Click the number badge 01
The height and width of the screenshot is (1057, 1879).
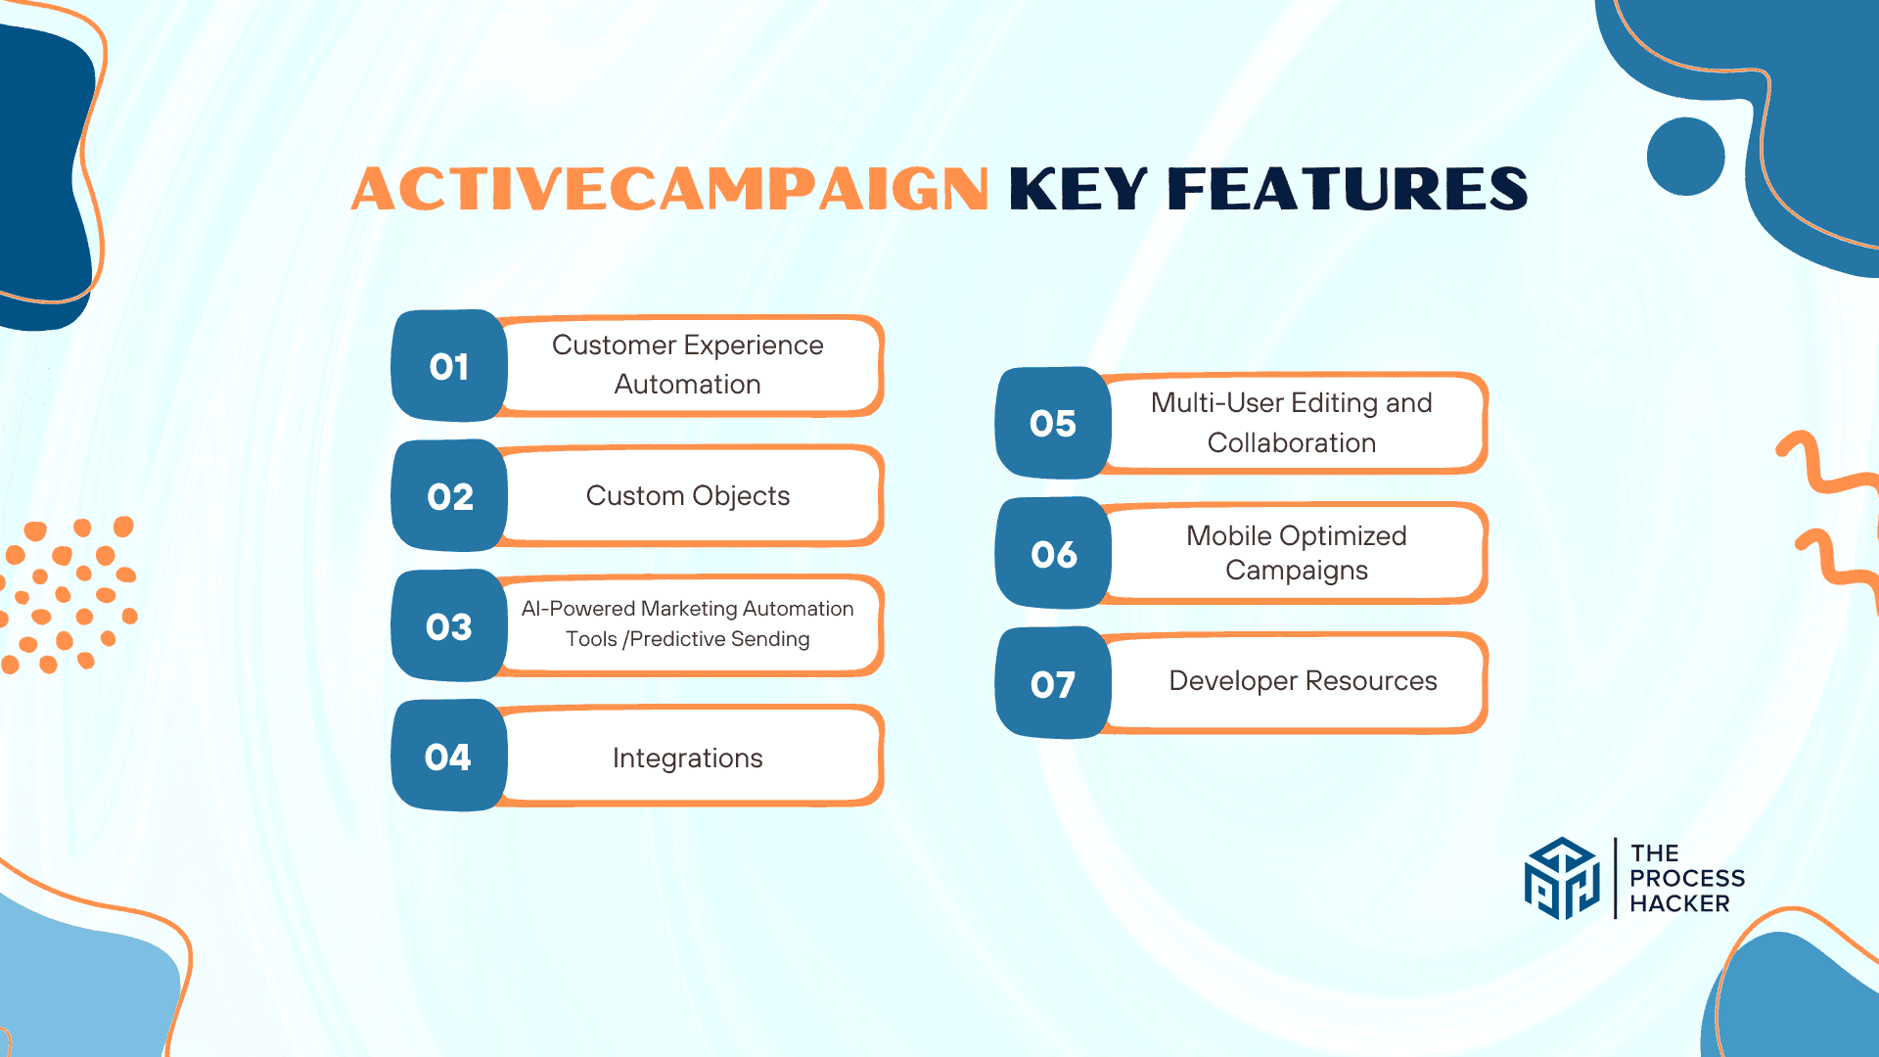[449, 366]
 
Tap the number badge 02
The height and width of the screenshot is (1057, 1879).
[449, 496]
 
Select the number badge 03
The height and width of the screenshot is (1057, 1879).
[449, 626]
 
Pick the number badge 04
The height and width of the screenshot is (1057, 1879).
[449, 757]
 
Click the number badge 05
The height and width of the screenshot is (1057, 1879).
[1053, 423]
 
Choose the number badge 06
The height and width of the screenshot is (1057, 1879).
[1053, 554]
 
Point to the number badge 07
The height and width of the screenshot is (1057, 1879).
[1053, 684]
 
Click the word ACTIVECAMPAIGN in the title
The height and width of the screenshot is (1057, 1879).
[670, 189]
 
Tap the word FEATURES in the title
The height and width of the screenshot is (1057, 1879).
[1348, 189]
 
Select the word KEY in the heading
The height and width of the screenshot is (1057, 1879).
[1077, 189]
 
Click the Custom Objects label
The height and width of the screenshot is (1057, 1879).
[688, 496]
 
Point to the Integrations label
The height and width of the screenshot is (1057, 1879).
[688, 758]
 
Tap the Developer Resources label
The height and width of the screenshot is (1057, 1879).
[1303, 681]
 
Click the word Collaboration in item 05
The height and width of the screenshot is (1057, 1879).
[1292, 443]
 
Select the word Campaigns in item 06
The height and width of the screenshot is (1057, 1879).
[1297, 571]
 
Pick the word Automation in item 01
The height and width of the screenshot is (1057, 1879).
[688, 385]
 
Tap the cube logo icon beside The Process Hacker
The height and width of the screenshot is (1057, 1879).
[1562, 878]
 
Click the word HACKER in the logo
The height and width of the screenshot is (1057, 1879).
[1679, 904]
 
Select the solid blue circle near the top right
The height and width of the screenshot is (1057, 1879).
[1685, 157]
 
